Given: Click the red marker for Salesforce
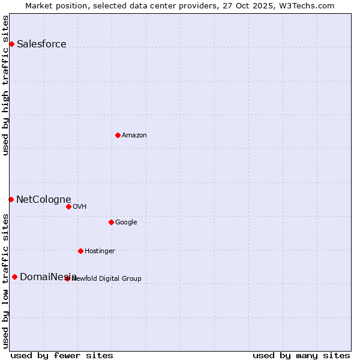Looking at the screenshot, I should pyautogui.click(x=11, y=44).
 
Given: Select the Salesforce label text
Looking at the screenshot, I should pyautogui.click(x=41, y=44).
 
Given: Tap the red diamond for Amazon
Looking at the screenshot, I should pyautogui.click(x=118, y=135).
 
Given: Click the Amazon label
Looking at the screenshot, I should pyautogui.click(x=134, y=135).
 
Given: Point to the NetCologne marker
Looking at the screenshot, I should pyautogui.click(x=11, y=199).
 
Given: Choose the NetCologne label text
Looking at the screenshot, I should pyautogui.click(x=44, y=199).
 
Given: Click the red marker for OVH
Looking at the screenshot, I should pyautogui.click(x=68, y=206).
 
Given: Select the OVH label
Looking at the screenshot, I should pyautogui.click(x=80, y=206).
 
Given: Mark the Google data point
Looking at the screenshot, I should pyautogui.click(x=111, y=222).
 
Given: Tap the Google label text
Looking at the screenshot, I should pyautogui.click(x=126, y=222).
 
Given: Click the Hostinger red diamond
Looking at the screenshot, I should pyautogui.click(x=80, y=251).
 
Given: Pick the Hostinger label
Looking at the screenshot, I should pyautogui.click(x=100, y=251).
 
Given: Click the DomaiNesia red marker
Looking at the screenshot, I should pyautogui.click(x=14, y=277).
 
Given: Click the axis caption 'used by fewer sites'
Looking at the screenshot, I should pyautogui.click(x=62, y=355).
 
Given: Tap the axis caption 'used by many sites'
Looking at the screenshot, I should pyautogui.click(x=301, y=355).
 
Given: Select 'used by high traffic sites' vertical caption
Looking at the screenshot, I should pyautogui.click(x=6, y=85).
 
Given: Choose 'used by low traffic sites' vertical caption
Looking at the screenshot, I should pyautogui.click(x=6, y=281).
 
